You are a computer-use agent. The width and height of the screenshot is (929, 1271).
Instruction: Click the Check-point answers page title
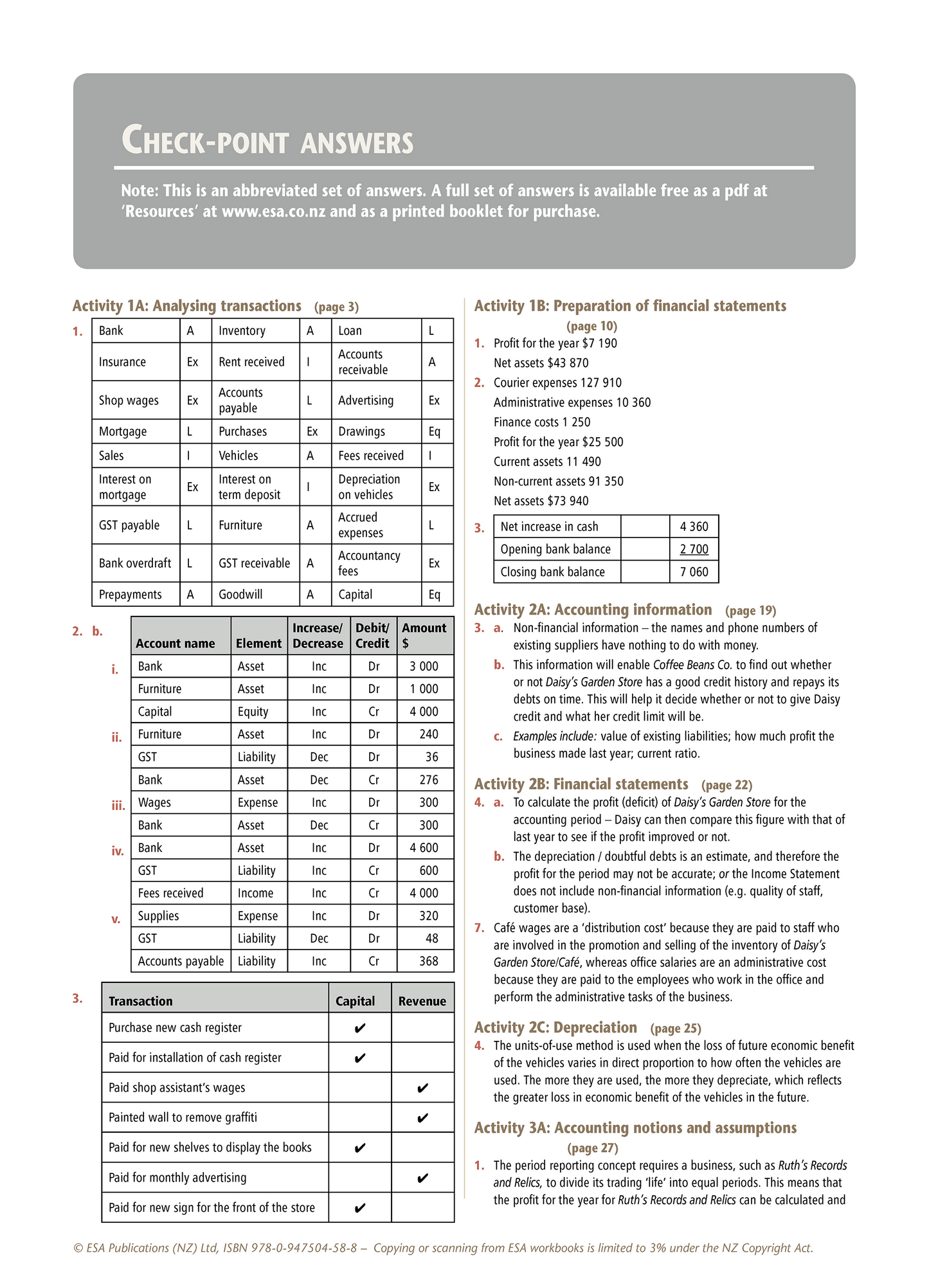267,141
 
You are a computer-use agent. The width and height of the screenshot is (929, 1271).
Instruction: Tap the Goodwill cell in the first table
240,595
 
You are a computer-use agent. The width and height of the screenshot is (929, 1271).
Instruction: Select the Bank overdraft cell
135,563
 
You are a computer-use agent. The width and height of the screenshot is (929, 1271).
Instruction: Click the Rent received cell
251,362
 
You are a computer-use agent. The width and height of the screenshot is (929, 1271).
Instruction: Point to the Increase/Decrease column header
318,636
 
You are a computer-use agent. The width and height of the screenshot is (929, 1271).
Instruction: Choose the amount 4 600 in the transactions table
424,848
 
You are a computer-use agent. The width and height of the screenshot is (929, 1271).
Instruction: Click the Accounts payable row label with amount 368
181,961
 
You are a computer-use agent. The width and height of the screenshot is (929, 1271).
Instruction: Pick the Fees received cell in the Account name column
170,893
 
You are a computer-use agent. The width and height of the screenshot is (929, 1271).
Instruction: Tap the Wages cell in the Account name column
154,802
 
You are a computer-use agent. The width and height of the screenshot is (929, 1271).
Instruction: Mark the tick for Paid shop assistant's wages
422,1088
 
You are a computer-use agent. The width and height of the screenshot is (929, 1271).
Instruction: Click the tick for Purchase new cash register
360,1028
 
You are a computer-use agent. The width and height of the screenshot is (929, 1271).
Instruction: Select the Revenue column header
422,1001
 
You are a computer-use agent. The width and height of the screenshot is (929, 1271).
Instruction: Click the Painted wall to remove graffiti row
183,1117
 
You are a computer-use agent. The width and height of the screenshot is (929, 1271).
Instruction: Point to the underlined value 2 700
694,549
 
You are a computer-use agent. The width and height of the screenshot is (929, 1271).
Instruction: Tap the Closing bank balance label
552,572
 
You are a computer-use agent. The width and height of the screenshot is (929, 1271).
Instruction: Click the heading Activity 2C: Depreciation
555,1027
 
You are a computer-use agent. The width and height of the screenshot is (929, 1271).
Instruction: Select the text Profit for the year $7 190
555,343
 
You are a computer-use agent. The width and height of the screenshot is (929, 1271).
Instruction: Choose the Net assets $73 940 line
541,501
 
